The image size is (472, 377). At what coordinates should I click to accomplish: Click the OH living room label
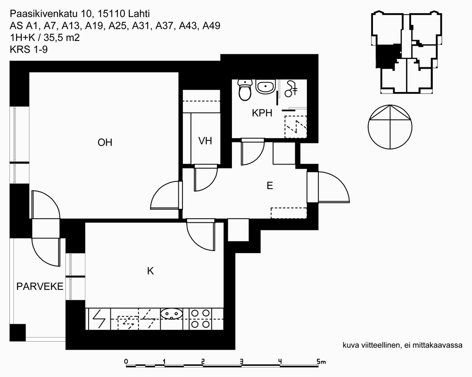105,142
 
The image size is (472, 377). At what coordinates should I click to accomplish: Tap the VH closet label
205,141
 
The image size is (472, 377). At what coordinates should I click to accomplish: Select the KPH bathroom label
262,113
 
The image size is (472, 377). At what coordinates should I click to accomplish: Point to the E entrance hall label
270,186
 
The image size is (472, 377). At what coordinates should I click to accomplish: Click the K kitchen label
150,271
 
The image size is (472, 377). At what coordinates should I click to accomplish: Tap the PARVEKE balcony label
40,287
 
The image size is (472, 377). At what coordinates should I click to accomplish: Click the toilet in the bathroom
245,90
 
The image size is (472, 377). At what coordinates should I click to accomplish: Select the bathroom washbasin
265,87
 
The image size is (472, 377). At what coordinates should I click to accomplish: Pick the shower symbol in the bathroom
291,89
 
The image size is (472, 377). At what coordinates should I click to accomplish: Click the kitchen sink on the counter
172,314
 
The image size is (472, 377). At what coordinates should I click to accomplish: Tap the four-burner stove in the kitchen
200,319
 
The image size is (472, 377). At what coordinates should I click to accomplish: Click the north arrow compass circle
390,127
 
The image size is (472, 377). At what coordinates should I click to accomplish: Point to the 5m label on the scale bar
321,361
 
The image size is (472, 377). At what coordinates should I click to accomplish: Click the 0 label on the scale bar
126,361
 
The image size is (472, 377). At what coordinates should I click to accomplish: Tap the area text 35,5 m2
62,38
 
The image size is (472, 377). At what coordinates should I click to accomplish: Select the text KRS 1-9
29,49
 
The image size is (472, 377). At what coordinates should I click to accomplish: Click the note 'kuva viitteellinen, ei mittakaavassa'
403,345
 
